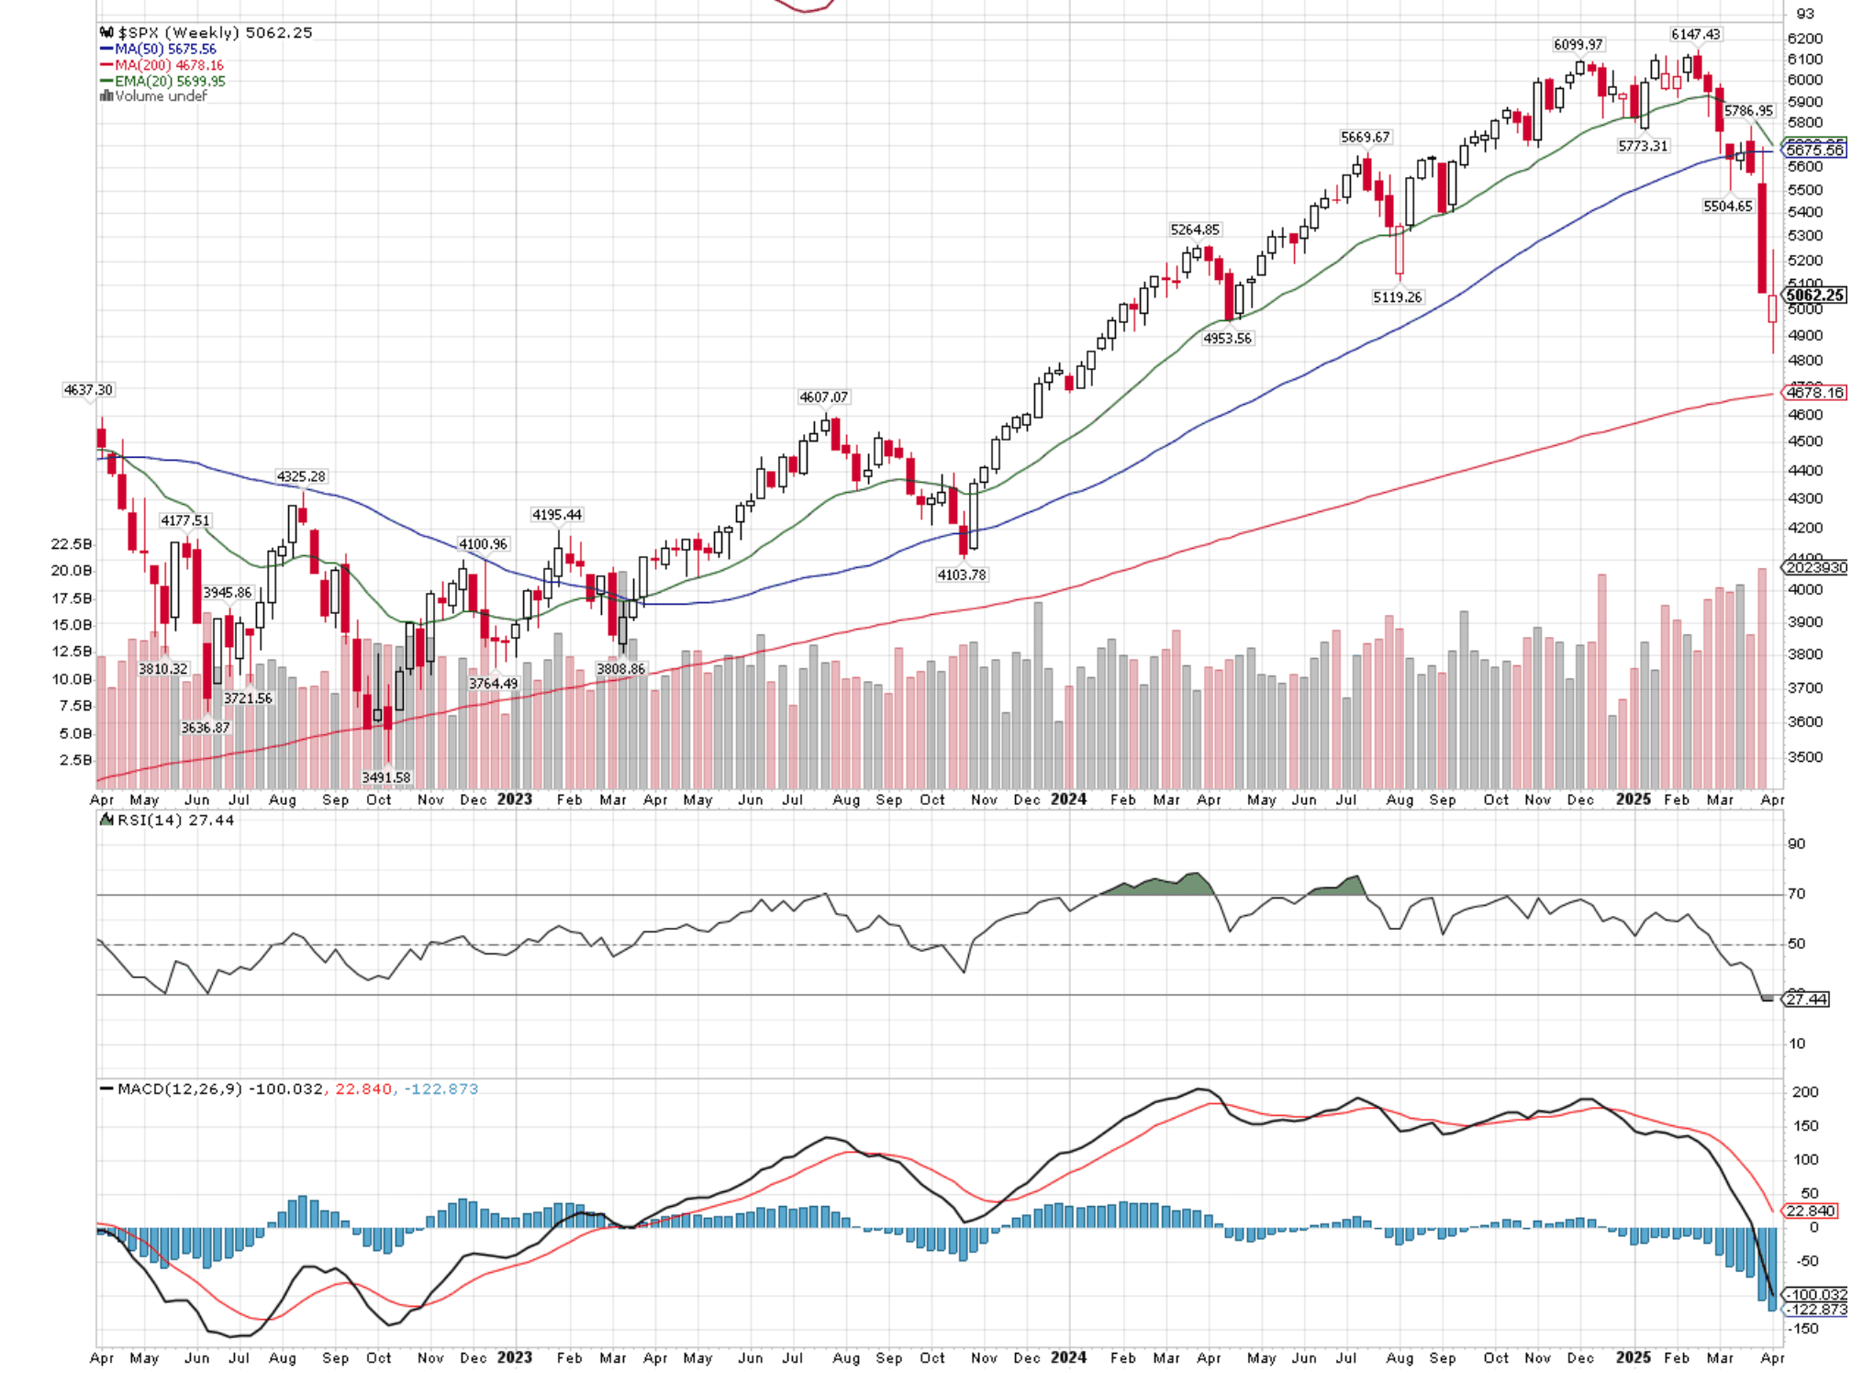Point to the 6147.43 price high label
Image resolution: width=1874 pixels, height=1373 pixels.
click(1695, 35)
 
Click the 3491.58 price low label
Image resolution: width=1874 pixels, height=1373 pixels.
click(385, 777)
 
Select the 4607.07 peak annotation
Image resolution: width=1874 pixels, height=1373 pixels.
click(823, 397)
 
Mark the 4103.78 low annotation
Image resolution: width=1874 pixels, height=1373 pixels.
click(961, 575)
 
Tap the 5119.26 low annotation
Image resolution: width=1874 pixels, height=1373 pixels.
click(1397, 297)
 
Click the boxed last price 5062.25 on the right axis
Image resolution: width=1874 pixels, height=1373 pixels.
click(1814, 296)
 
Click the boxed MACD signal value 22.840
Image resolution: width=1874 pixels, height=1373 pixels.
click(1810, 1211)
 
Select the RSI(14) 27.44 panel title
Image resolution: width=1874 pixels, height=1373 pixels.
click(174, 820)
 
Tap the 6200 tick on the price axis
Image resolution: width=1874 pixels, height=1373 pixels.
click(1804, 39)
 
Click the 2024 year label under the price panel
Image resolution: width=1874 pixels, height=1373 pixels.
click(1068, 799)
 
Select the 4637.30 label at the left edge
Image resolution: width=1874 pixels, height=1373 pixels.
click(88, 390)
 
